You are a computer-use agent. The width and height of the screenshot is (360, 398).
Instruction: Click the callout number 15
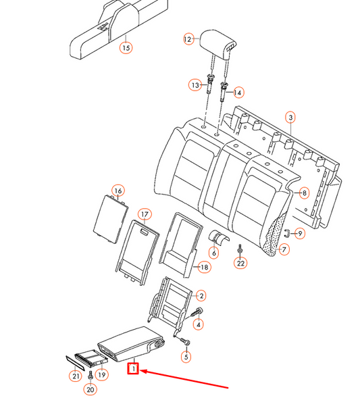[x=126, y=47]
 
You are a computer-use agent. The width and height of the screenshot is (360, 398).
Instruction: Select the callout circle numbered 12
[x=188, y=40]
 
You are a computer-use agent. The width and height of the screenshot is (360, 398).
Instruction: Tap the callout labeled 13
[x=195, y=85]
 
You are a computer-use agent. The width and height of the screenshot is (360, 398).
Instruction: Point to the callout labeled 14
[x=238, y=92]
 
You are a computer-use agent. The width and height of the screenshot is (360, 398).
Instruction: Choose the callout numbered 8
[x=304, y=193]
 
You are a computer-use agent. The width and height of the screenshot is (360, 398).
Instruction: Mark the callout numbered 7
[x=284, y=249]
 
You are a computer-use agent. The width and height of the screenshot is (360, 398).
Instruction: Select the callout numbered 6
[x=213, y=253]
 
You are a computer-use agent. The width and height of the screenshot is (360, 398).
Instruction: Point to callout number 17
[x=143, y=215]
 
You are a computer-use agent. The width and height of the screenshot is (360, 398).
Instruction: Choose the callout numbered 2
[x=200, y=295]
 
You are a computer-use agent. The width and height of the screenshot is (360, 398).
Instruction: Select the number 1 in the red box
[x=134, y=370]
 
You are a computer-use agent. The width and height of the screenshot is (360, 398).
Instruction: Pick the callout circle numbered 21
[x=74, y=375]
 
